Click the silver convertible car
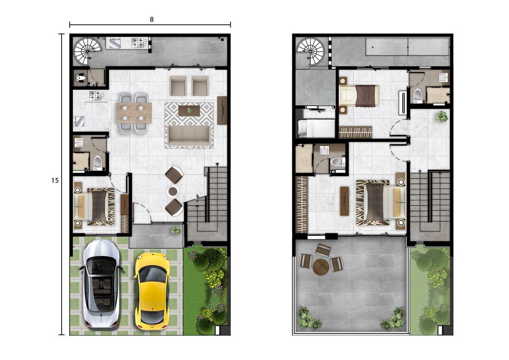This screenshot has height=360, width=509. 101,284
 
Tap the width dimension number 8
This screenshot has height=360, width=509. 152,19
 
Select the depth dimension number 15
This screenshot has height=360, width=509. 55,180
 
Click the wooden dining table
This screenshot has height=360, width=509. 134,113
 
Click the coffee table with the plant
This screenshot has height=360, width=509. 189,111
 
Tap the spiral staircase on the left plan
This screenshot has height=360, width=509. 87,51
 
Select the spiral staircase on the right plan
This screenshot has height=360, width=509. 311,51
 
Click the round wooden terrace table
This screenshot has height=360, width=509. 321,267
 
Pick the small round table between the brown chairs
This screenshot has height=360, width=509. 173,191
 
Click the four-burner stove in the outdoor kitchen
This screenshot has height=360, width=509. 140,43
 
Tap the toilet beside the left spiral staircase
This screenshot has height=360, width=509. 81,78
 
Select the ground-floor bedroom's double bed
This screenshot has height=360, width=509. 94,207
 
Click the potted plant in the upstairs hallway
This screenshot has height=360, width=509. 441,116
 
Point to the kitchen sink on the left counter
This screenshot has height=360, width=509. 80,121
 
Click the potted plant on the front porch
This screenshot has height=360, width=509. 176,230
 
